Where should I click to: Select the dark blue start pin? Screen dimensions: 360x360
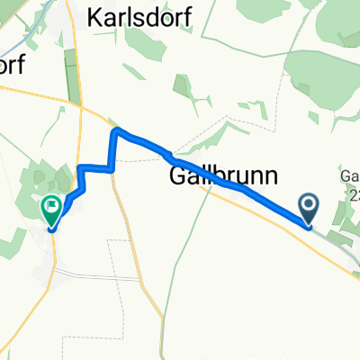coord(310,210)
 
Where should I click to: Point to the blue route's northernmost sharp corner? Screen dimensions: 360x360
coord(115,132)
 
